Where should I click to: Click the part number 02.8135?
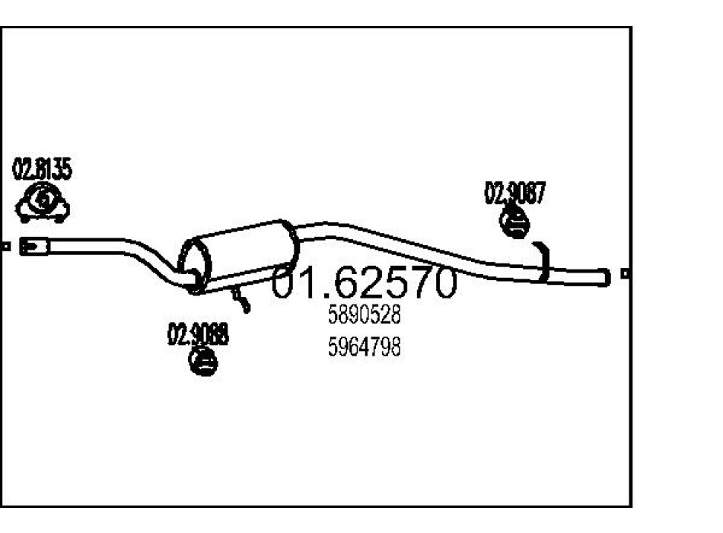43,169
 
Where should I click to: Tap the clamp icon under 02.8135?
43,203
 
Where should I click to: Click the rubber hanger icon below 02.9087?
515,223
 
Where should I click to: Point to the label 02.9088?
198,334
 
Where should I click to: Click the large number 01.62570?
365,283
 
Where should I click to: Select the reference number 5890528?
364,314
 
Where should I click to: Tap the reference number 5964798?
364,347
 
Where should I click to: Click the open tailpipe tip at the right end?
605,276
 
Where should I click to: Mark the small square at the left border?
5,246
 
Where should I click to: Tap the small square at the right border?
625,273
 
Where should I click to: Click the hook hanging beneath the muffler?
242,299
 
